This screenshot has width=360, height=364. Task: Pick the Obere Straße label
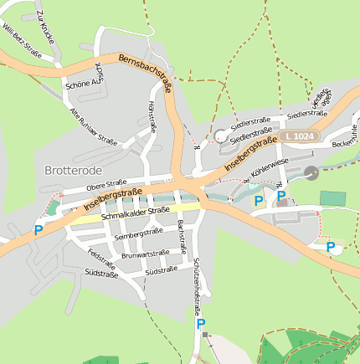coord(105,183)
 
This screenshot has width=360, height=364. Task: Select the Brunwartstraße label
coord(146,254)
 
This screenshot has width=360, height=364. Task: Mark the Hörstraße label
coord(152,118)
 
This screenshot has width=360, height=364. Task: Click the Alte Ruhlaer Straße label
coord(92,130)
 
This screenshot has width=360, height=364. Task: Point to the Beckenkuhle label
coord(345,140)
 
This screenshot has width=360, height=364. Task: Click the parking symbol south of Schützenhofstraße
coord(200,323)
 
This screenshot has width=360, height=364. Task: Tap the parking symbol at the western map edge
coord(38,230)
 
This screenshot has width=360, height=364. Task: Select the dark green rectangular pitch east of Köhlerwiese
coord(332,198)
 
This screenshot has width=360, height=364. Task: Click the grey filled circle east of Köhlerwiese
coord(311,172)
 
